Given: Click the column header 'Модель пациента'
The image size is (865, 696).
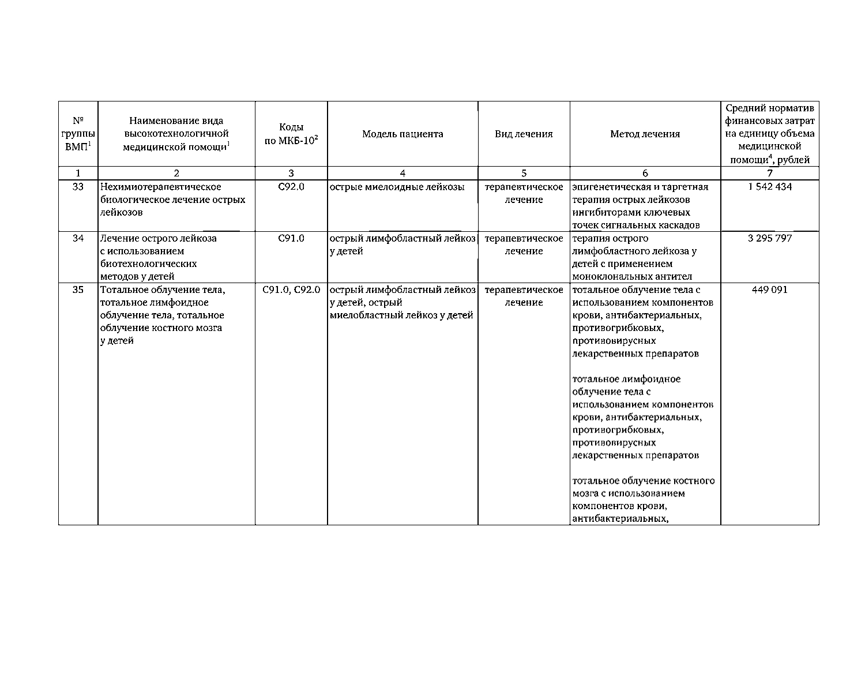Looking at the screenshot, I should click(x=403, y=134).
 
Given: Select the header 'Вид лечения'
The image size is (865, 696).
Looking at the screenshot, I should click(x=524, y=134).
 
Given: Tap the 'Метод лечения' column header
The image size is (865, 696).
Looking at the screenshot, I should click(x=645, y=134).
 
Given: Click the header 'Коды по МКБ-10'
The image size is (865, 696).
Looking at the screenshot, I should click(x=291, y=134).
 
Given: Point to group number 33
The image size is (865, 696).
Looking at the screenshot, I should click(x=78, y=187).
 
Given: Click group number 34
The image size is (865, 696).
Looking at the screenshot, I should click(x=78, y=238).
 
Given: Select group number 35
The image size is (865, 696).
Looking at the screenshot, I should click(x=78, y=289).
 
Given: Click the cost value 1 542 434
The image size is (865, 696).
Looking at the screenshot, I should click(x=769, y=187).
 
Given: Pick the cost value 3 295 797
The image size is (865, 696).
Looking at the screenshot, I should click(x=769, y=238).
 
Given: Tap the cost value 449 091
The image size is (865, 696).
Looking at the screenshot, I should click(x=769, y=289).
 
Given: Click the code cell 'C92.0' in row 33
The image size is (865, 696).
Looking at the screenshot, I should click(x=291, y=187).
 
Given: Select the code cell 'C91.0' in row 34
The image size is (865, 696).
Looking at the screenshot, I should click(x=291, y=238).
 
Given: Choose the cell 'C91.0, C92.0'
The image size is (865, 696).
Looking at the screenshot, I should click(x=291, y=289).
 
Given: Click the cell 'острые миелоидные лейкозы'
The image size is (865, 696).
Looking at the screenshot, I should click(x=397, y=187).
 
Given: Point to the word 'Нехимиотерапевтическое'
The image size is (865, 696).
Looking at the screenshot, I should click(x=161, y=187).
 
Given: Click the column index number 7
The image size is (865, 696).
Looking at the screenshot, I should click(x=769, y=173).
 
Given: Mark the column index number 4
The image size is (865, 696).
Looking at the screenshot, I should click(x=403, y=173).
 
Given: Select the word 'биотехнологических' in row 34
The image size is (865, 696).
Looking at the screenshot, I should click(x=148, y=264).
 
